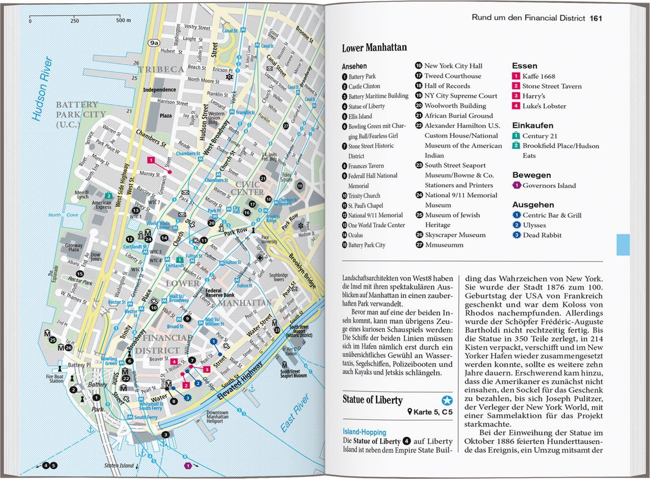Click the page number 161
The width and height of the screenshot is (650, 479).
(x=596, y=18)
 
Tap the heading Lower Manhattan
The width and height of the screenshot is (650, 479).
(x=374, y=48)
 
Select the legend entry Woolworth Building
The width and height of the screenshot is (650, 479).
(x=455, y=106)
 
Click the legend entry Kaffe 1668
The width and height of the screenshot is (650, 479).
(x=538, y=76)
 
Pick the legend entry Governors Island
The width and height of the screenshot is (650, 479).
(x=549, y=186)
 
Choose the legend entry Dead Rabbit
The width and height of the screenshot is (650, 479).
(x=542, y=235)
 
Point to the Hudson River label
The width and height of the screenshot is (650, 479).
(x=42, y=89)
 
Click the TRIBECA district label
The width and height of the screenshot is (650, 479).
(x=161, y=69)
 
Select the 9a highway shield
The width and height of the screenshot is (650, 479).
(x=154, y=42)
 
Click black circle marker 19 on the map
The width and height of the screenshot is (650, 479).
(x=300, y=186)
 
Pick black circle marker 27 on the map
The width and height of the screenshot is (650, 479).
(x=286, y=126)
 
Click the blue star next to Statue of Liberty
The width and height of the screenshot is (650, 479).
(x=447, y=400)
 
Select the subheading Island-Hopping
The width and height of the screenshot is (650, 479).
(x=364, y=432)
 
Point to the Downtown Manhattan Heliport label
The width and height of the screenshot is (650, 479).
(x=217, y=417)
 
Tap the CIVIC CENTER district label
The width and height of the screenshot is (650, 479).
(x=247, y=188)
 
